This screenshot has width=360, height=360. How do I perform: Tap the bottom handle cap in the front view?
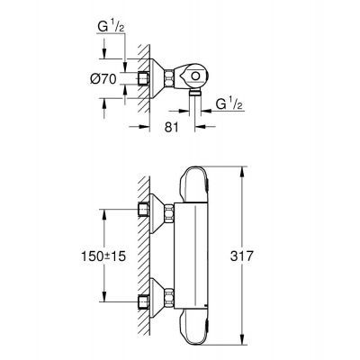coord(200,328)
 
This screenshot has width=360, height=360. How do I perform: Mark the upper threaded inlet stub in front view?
coord(145,212)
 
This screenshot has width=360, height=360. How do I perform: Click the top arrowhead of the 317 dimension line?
coord(241,168)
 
